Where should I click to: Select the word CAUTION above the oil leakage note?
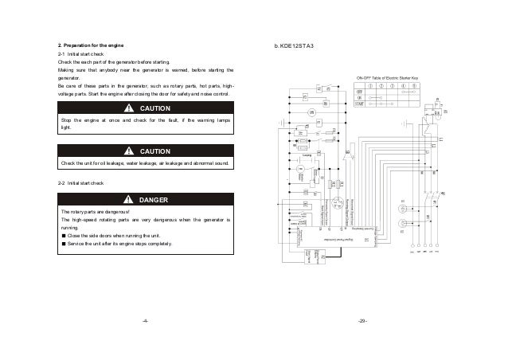[x=154, y=150]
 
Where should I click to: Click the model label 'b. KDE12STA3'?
[x=294, y=44]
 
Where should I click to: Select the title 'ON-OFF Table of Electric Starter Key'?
[x=386, y=77]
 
